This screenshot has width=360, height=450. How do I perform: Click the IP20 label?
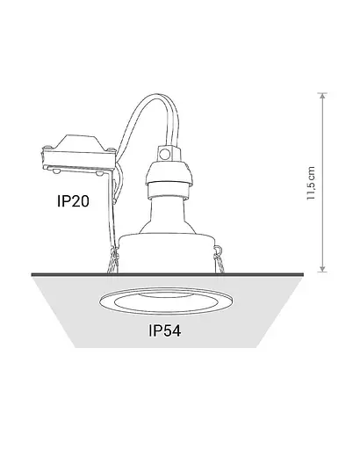(73, 201)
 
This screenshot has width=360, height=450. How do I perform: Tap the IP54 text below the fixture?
(165, 330)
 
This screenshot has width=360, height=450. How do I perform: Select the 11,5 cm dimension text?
(311, 184)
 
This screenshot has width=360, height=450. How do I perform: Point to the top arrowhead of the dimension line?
(322, 96)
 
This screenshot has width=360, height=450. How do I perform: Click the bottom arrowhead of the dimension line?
(322, 269)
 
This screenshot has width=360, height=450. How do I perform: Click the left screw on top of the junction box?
(47, 147)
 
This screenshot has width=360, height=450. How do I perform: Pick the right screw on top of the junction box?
(111, 149)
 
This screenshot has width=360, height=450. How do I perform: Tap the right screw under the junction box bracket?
(99, 173)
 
